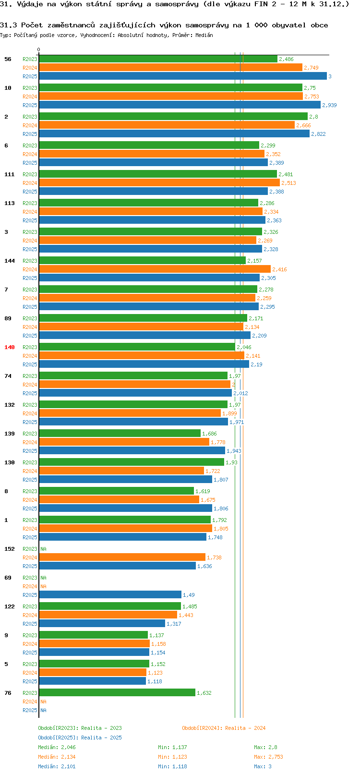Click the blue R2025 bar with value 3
(182, 76)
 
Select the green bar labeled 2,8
(173, 117)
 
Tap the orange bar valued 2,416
(155, 269)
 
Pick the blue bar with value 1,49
(110, 595)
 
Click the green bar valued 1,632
(117, 693)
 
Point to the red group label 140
(9, 347)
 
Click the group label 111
(9, 174)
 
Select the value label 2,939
(329, 105)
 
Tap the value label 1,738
(214, 557)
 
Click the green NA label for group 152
(43, 549)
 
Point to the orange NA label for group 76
(43, 702)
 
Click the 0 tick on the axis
(38, 49)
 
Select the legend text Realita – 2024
(245, 727)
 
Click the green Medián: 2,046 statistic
(57, 747)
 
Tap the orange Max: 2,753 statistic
(268, 757)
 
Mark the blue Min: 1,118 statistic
(172, 766)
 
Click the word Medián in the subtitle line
(204, 35)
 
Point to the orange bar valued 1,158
(94, 643)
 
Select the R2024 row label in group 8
(30, 499)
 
